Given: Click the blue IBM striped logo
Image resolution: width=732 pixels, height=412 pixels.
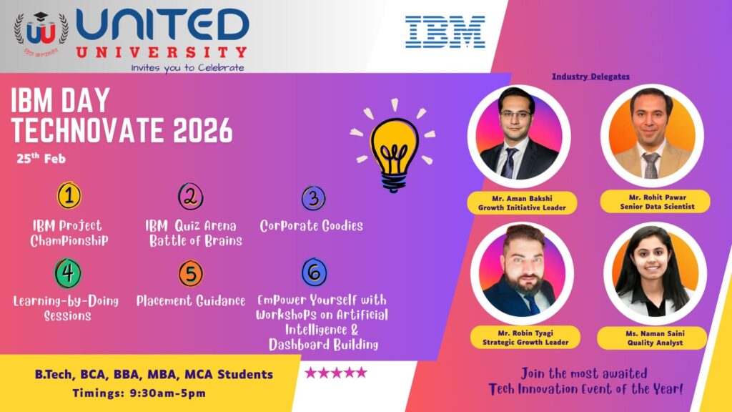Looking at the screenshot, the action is pos(445,31).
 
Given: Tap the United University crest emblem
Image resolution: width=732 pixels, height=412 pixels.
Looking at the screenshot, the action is pos(41,33).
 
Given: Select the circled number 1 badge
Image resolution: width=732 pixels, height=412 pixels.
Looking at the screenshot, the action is pos(69,195).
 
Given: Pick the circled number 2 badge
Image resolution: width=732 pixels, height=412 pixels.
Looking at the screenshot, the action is pos(190,196).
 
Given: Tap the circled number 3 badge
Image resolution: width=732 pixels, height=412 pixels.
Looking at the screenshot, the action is pos(314,198).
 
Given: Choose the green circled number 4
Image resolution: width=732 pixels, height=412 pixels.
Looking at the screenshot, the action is pos(68,273).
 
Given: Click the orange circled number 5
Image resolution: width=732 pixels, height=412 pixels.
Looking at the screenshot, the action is pos(190,274).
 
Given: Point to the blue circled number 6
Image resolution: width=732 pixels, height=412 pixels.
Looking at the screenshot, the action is pos(315,273).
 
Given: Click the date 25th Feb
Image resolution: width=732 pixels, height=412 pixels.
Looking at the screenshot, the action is pos(41,158).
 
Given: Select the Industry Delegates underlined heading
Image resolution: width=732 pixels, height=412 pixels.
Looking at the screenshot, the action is pos(590,77).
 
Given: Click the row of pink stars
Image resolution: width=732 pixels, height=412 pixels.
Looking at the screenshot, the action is pos(336,372).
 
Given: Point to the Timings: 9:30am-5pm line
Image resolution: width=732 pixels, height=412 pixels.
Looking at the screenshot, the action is pos(139,393).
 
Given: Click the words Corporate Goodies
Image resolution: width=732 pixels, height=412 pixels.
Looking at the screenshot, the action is pos(312,226).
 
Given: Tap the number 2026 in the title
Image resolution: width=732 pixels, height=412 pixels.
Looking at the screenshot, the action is pos(202,130).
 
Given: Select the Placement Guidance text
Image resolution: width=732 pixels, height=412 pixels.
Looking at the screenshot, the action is pos(190,301).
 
